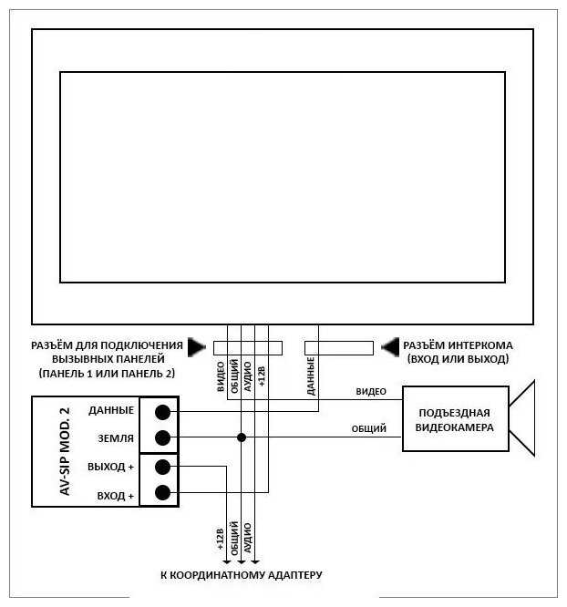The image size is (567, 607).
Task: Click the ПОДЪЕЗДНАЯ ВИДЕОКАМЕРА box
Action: pos(455,419)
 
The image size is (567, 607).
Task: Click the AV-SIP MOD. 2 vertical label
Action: pos(65,451)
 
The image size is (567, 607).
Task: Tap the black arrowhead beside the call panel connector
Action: pos(197,347)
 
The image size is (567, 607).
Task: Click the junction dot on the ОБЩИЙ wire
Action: pos(242,437)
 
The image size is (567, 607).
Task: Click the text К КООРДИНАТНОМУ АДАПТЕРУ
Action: pos(242,575)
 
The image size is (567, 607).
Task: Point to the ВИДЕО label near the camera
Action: pos(372,392)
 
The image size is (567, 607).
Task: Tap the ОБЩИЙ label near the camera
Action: pos(369,428)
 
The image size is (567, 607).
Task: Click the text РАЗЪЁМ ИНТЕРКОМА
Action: pos(458,346)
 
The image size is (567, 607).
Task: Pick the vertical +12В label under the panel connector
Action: pos(262,376)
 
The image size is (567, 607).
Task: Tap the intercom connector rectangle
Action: pos(338,347)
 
